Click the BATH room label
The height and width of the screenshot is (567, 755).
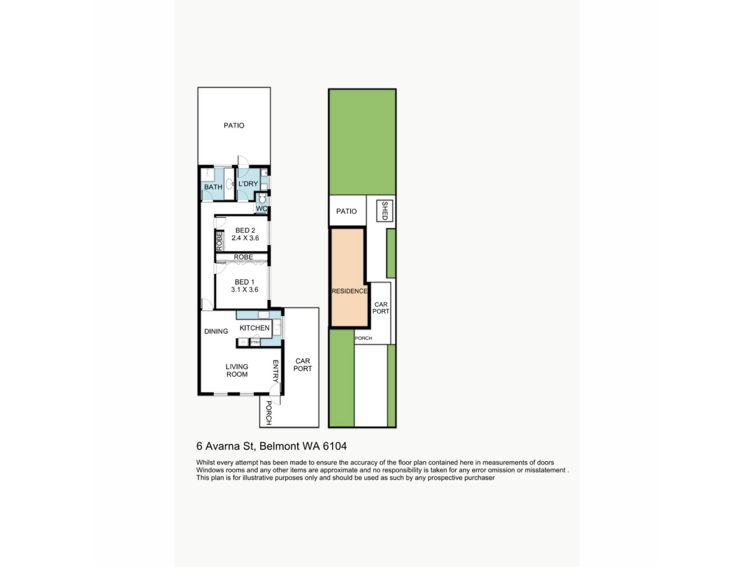pyautogui.click(x=213, y=187)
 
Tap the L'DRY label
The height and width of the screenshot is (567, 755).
pyautogui.click(x=248, y=184)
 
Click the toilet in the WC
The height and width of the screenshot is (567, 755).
pyautogui.click(x=262, y=198)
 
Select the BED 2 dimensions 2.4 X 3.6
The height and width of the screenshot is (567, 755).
pyautogui.click(x=245, y=238)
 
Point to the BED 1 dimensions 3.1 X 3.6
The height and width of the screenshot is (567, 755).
pyautogui.click(x=245, y=289)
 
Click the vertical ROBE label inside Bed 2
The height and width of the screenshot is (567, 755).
pyautogui.click(x=219, y=241)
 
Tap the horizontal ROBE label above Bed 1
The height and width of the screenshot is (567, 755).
pyautogui.click(x=243, y=257)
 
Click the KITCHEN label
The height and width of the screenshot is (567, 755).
pyautogui.click(x=254, y=328)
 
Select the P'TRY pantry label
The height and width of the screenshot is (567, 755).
pyautogui.click(x=255, y=343)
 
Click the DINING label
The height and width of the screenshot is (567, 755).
pyautogui.click(x=216, y=332)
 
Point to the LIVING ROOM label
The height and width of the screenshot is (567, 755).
pyautogui.click(x=237, y=371)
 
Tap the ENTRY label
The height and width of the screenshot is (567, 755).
pyautogui.click(x=276, y=371)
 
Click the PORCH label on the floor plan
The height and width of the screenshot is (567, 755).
pyautogui.click(x=269, y=413)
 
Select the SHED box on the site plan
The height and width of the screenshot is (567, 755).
pyautogui.click(x=385, y=211)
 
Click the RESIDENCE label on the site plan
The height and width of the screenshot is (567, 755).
pyautogui.click(x=350, y=291)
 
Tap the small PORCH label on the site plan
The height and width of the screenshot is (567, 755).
pyautogui.click(x=363, y=338)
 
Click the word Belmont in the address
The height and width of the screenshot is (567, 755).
pyautogui.click(x=280, y=446)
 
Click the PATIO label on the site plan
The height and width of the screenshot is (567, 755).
pyautogui.click(x=346, y=211)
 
